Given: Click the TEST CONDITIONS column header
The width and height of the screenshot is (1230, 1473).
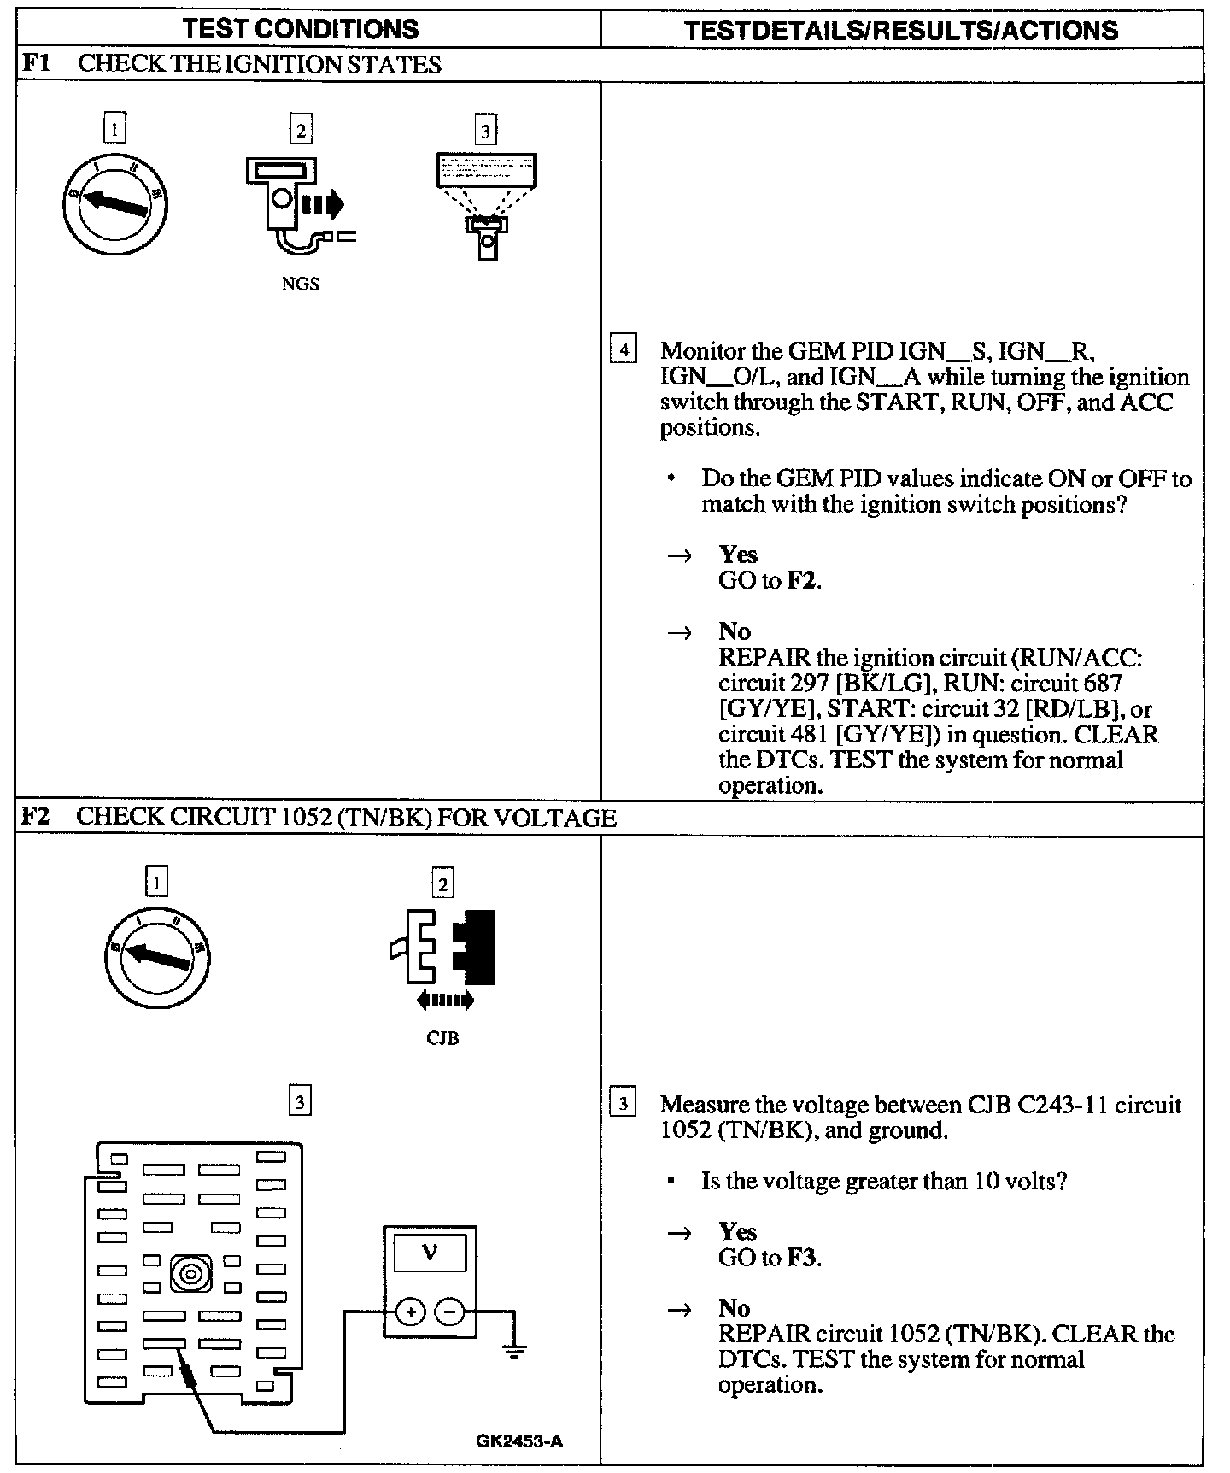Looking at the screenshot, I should click(301, 29).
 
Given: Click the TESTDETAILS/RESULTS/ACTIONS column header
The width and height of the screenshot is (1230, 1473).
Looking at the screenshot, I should click(901, 31).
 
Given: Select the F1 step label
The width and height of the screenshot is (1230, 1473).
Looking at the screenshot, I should click(34, 64).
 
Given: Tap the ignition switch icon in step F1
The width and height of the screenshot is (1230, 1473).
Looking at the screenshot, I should click(115, 203).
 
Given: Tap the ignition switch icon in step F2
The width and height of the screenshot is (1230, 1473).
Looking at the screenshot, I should click(157, 954).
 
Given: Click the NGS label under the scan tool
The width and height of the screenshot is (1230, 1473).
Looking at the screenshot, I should click(300, 285).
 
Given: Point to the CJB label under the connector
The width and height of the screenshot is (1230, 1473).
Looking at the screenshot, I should click(442, 1038).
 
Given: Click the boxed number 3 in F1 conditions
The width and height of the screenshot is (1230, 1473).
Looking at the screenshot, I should click(486, 131).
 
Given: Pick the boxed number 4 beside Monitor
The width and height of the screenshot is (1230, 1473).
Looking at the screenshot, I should click(624, 350).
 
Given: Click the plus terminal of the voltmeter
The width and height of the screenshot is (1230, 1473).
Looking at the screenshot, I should click(411, 1312).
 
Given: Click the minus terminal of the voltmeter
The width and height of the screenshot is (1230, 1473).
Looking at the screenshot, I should click(451, 1312).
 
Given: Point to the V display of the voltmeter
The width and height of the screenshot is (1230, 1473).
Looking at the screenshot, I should click(430, 1253).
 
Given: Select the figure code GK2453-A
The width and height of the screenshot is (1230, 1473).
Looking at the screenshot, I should click(519, 1441).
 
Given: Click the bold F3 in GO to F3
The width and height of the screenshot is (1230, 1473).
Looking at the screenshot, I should click(802, 1258).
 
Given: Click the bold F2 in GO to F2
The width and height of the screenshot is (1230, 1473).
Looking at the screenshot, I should click(802, 581).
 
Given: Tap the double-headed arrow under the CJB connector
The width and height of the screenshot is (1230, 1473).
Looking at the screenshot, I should click(444, 1001).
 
